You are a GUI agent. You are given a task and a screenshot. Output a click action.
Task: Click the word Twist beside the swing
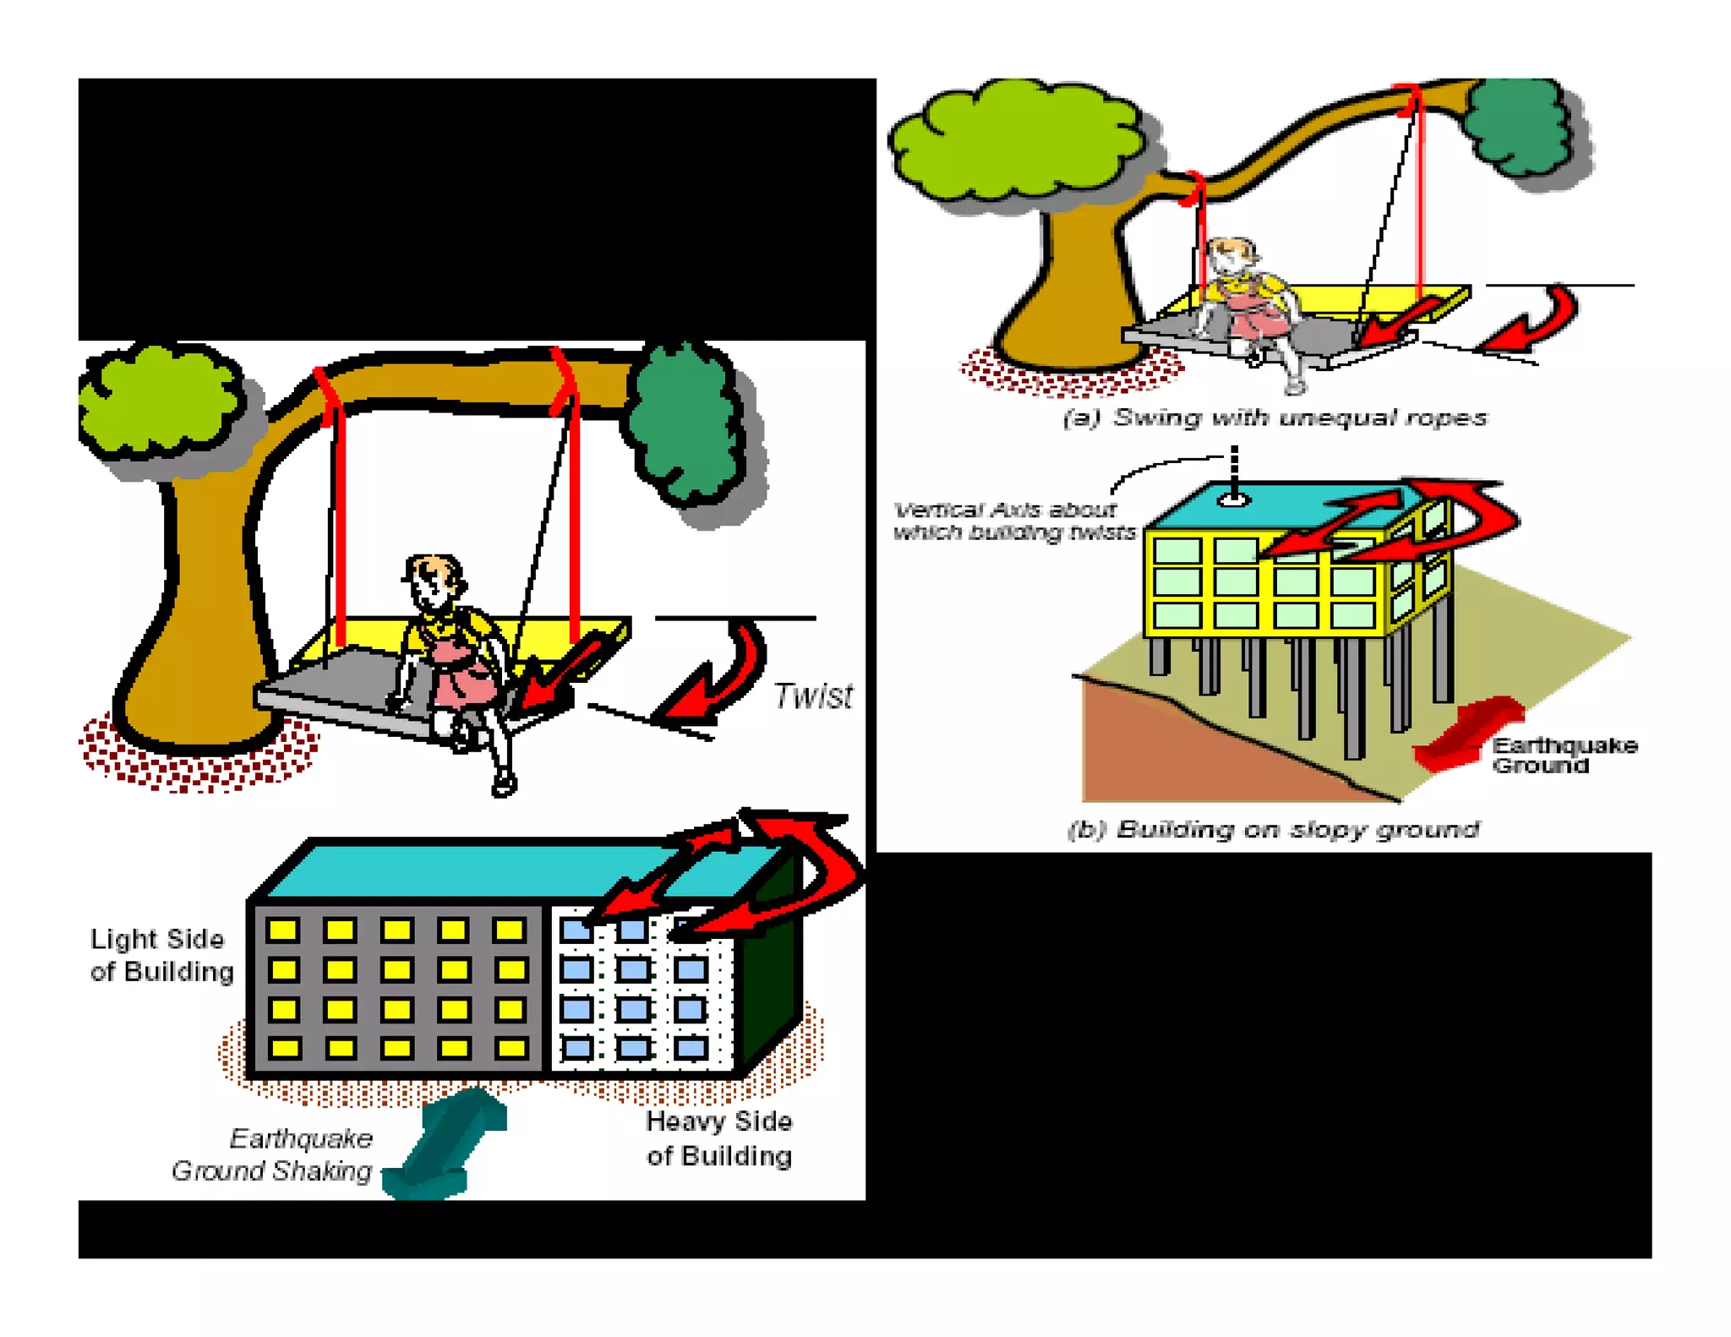(812, 696)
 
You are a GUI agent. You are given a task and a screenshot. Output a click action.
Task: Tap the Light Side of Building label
(161, 955)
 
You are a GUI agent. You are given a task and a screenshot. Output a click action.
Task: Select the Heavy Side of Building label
(718, 1138)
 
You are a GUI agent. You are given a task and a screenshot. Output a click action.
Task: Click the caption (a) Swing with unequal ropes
(1274, 417)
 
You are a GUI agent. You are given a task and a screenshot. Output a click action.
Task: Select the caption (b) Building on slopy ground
(1272, 829)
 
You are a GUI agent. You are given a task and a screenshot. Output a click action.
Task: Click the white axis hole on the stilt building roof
(1233, 500)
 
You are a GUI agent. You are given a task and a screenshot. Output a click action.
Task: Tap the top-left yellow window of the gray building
(283, 930)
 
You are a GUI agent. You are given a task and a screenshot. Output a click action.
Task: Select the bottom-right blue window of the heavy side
(691, 1049)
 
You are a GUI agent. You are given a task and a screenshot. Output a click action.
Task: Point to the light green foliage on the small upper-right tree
(1014, 139)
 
